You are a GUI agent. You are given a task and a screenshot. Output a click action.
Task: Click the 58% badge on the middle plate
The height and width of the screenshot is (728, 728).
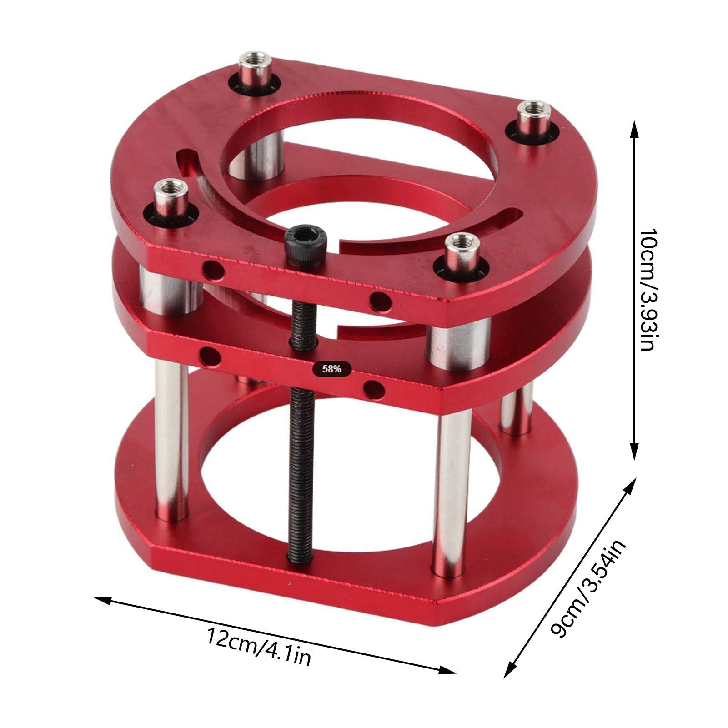tap(331, 369)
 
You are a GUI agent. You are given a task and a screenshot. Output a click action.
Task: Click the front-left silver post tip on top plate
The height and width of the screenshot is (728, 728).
tap(169, 188)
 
